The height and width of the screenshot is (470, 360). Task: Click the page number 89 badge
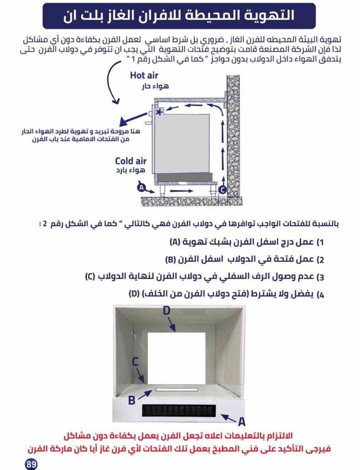tap(32, 464)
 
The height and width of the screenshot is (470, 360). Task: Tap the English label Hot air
tap(144, 75)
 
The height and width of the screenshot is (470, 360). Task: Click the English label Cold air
tap(131, 161)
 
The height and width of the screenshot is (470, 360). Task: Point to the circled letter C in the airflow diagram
tap(222, 190)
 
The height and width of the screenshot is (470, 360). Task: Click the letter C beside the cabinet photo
tap(135, 361)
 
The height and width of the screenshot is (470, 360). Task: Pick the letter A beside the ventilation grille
tap(241, 422)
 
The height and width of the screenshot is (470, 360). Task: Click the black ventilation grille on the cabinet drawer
tap(179, 411)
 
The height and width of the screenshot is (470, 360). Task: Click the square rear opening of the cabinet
tap(176, 359)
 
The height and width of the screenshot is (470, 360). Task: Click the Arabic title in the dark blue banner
tap(179, 16)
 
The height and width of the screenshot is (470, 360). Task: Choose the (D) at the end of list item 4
tap(134, 294)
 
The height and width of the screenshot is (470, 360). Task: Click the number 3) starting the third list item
tap(320, 277)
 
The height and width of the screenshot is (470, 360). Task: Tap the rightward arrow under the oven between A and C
tap(181, 191)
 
